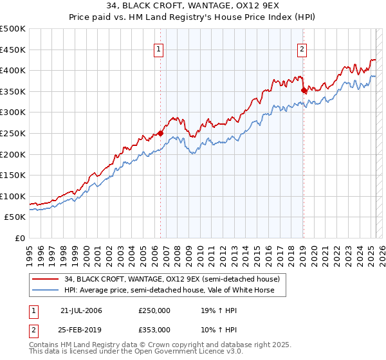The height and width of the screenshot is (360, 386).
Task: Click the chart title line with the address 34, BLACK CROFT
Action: click(x=192, y=6)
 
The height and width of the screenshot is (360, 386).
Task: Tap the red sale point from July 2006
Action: click(x=160, y=134)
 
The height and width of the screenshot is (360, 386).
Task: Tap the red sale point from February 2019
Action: click(x=304, y=91)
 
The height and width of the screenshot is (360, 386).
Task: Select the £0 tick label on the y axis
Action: click(x=20, y=238)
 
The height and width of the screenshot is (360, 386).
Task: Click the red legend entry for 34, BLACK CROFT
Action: click(x=172, y=280)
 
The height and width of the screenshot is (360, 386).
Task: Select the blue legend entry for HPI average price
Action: click(x=169, y=290)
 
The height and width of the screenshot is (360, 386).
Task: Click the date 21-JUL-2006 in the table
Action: click(x=81, y=310)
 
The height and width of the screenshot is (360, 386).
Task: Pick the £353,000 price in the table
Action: click(x=154, y=329)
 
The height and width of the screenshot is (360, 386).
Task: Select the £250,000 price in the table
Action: click(x=154, y=310)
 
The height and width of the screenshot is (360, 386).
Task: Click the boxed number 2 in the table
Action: click(x=33, y=329)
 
